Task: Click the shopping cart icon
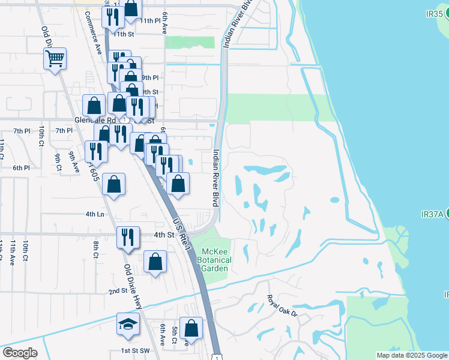pyautogui.click(x=55, y=59)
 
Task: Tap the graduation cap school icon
pyautogui.click(x=127, y=324)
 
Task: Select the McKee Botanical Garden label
pyautogui.click(x=214, y=259)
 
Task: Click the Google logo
pyautogui.click(x=20, y=353)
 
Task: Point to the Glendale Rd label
pyautogui.click(x=90, y=120)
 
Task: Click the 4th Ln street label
pyautogui.click(x=95, y=214)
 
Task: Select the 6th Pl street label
pyautogui.click(x=22, y=168)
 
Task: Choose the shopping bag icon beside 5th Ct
pyautogui.click(x=191, y=328)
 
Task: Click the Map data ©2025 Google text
pyautogui.click(x=412, y=355)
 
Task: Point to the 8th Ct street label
pyautogui.click(x=95, y=249)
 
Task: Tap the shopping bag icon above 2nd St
pyautogui.click(x=155, y=262)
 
